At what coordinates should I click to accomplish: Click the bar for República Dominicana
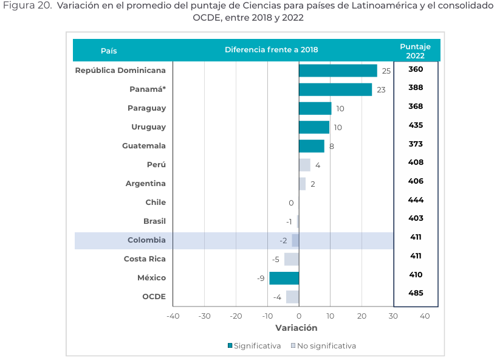338,71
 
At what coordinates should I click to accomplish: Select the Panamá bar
335,89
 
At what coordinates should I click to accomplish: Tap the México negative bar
284,278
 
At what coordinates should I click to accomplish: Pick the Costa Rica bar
292,259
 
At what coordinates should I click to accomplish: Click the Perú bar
304,165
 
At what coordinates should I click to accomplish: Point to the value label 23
381,90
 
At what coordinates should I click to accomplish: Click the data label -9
261,278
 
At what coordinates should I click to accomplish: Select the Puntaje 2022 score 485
416,292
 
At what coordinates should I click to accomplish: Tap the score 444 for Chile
416,200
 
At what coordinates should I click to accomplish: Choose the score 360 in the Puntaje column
416,69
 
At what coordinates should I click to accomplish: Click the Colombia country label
146,240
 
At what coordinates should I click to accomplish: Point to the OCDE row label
154,297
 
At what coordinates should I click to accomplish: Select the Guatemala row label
144,145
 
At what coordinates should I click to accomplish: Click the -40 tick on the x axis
173,316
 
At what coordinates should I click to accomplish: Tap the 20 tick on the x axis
362,316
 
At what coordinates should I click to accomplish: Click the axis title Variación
296,328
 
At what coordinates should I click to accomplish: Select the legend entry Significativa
254,346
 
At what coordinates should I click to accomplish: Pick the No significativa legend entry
323,346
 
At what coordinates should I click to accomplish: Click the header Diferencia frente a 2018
272,49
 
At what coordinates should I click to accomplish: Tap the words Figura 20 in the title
27,5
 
